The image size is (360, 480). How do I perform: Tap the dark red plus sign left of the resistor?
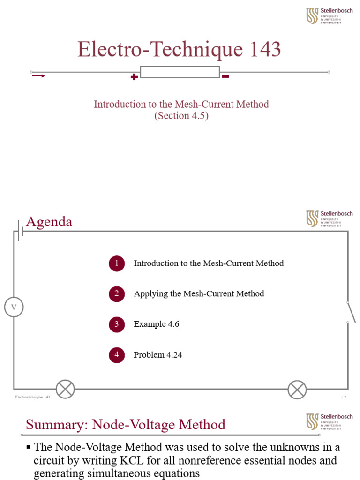[x=134, y=77]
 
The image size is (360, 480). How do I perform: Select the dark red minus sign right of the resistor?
[x=225, y=76]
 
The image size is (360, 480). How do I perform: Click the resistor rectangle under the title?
[x=180, y=72]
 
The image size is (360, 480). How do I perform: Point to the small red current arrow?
[x=39, y=76]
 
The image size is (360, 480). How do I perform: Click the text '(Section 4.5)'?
[x=181, y=116]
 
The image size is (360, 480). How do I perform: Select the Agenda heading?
[x=49, y=222]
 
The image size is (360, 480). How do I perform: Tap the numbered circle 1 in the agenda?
[x=117, y=263]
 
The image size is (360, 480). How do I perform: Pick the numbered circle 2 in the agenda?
[x=117, y=294]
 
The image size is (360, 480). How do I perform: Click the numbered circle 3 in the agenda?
[x=117, y=324]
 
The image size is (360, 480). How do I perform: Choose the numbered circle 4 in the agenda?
[x=117, y=355]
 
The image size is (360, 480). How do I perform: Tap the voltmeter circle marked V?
[x=14, y=307]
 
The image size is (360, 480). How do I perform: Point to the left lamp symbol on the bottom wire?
[x=65, y=390]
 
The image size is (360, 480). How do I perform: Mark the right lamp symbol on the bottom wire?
[x=297, y=390]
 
